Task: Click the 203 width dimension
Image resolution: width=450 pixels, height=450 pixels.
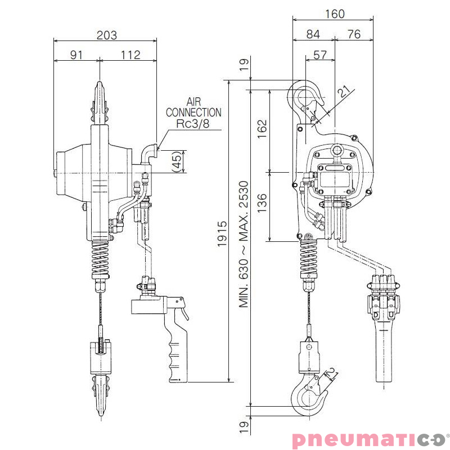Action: [107, 35]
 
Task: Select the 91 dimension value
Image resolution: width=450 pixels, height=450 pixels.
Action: [76, 55]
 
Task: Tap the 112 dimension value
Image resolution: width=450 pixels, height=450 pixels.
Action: [130, 55]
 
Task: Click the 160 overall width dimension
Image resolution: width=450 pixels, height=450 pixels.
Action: [335, 14]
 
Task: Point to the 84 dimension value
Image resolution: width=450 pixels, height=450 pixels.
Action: [313, 34]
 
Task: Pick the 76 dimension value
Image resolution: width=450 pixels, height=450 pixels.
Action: [354, 34]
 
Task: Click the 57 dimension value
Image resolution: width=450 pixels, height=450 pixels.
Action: [320, 55]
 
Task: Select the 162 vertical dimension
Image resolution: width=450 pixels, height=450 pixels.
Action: [262, 129]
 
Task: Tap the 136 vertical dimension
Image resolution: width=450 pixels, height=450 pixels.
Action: [262, 203]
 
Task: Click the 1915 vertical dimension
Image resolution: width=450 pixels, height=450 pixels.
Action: [222, 234]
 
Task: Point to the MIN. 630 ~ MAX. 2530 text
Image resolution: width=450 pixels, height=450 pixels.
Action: [244, 244]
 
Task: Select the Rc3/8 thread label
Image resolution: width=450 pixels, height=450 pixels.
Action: [193, 123]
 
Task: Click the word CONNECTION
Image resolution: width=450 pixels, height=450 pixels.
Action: [193, 112]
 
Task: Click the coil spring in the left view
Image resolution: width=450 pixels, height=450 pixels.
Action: [101, 258]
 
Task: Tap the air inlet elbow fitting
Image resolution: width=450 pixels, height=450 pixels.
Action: [148, 154]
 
